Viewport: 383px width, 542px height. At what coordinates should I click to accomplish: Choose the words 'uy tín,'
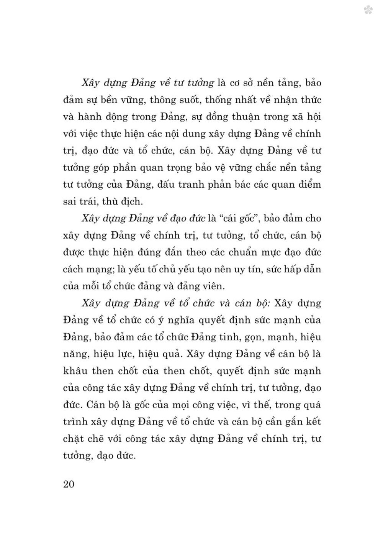(x=255, y=269)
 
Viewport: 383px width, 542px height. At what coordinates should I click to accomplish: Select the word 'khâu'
(x=74, y=370)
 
